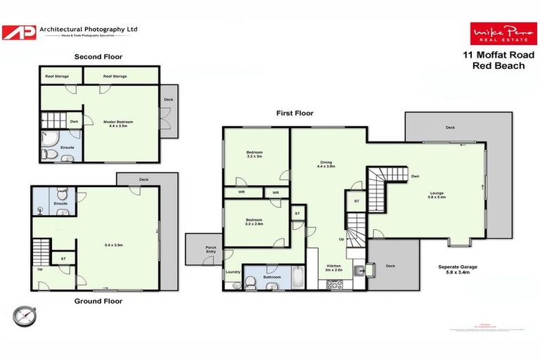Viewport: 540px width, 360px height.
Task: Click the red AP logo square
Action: (18, 32)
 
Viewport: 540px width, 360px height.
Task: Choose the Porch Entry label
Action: (209, 250)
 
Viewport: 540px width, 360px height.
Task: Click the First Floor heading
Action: (294, 112)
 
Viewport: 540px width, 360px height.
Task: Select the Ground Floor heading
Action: (98, 301)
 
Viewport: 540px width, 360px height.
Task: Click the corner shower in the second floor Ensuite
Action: (49, 138)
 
